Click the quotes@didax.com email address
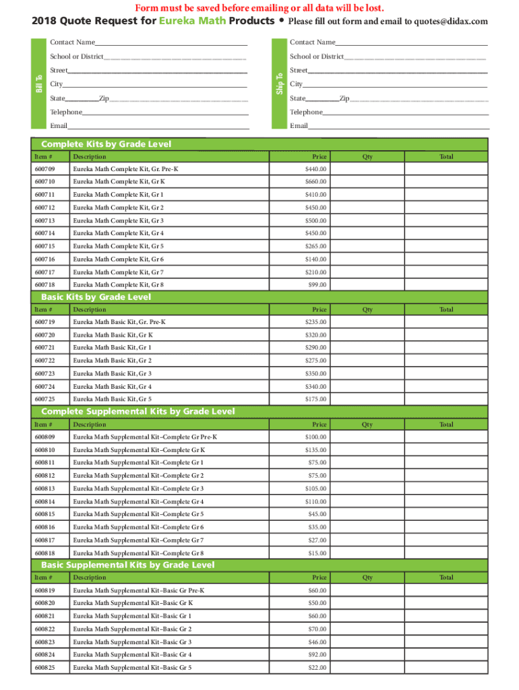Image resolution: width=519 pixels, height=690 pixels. pos(453,22)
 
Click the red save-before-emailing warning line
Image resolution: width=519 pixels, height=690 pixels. pos(259,7)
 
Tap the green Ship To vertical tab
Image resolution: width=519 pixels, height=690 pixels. pos(278,84)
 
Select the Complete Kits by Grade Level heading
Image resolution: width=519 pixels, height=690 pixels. pos(106,144)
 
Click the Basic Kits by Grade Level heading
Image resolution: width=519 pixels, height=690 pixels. pos(96,297)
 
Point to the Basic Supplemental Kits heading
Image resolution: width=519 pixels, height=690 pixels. pos(128,565)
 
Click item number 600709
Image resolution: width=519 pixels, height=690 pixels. pos(44,169)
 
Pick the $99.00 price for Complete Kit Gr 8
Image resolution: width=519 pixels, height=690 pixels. pos(317,285)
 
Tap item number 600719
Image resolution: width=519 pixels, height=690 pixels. pos(44,322)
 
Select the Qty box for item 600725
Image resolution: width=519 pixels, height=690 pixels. pos(367,399)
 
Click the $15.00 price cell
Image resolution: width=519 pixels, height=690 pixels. pos(317,553)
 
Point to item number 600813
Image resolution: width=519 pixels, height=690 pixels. pos(44,489)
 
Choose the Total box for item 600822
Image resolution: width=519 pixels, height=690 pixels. pos(446,629)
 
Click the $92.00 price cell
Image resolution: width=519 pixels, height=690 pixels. pos(317,654)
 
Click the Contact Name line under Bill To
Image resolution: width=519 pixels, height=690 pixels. pos(171,42)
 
